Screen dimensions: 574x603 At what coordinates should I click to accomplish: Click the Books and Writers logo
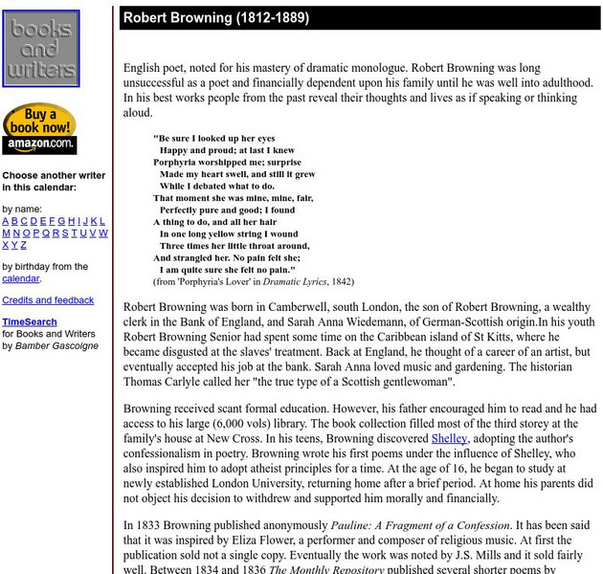pos(40,48)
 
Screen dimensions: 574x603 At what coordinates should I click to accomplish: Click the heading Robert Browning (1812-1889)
pos(215,18)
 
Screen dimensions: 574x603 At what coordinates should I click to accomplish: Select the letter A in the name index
pos(6,221)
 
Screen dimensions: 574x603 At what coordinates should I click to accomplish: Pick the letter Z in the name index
pos(24,245)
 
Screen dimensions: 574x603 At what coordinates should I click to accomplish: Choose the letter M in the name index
pos(7,232)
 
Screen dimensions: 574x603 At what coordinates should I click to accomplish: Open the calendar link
pos(20,278)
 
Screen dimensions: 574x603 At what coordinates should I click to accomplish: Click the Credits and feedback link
pos(48,300)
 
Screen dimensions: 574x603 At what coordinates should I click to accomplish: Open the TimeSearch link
pos(29,322)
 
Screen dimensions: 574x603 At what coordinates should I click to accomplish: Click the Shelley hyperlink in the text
pos(449,438)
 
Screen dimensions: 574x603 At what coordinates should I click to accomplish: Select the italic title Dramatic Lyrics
pos(289,282)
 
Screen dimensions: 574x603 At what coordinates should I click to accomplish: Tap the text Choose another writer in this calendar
pos(54,182)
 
